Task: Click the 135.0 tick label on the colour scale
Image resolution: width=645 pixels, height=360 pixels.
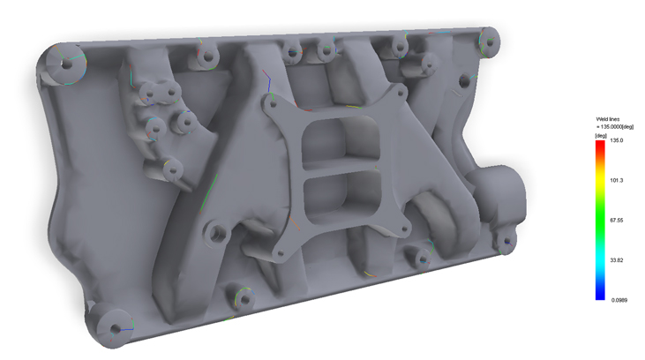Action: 616,140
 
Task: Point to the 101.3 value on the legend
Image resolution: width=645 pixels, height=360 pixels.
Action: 616,180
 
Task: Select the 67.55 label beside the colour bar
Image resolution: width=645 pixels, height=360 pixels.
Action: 616,220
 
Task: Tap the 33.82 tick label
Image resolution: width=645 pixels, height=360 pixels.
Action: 616,260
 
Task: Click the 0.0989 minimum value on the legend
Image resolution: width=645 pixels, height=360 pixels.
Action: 619,300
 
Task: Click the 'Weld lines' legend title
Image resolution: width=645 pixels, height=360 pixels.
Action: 608,119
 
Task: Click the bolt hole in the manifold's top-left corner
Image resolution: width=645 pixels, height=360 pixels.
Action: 66,64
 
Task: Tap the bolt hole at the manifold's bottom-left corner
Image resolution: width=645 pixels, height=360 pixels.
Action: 116,329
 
